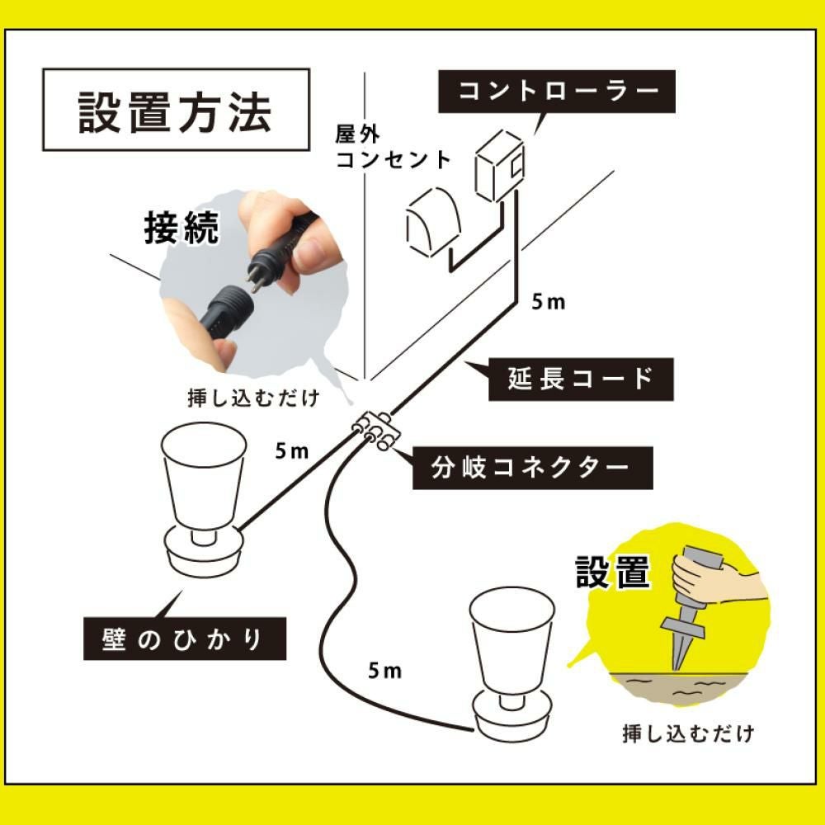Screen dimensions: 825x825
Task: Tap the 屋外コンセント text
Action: pos(393,147)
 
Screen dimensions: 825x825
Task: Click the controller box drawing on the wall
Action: pos(499,166)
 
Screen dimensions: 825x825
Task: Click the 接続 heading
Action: pos(181,228)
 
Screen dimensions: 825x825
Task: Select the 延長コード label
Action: pos(582,379)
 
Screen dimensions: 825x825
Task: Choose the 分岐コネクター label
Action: pos(532,468)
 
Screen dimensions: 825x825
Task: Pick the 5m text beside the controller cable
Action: pos(549,302)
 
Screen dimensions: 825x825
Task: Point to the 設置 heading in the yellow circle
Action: pos(613,573)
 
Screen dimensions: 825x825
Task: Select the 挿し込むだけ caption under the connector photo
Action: pos(252,396)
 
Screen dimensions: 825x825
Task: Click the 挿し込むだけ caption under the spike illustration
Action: pos(688,733)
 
